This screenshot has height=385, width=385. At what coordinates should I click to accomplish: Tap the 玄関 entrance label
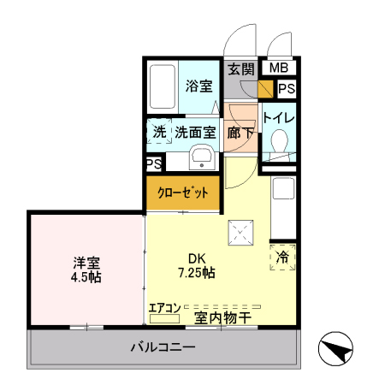(240, 69)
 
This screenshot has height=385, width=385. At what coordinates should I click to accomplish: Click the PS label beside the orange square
(285, 88)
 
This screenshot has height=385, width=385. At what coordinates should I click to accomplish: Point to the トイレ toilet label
(278, 118)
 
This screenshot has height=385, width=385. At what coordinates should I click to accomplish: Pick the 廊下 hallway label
(240, 133)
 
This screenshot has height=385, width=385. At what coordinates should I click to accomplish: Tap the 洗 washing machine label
(158, 133)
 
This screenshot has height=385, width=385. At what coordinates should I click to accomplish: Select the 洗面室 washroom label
(194, 133)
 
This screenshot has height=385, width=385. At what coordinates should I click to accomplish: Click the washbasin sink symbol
(202, 157)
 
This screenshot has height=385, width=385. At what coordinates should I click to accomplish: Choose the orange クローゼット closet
(182, 192)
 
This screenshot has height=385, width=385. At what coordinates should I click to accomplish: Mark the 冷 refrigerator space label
(283, 255)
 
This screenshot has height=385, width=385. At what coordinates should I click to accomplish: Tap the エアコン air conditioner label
(164, 307)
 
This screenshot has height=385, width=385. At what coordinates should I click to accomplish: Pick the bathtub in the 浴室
(162, 88)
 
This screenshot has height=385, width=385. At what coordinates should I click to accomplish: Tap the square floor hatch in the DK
(240, 231)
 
